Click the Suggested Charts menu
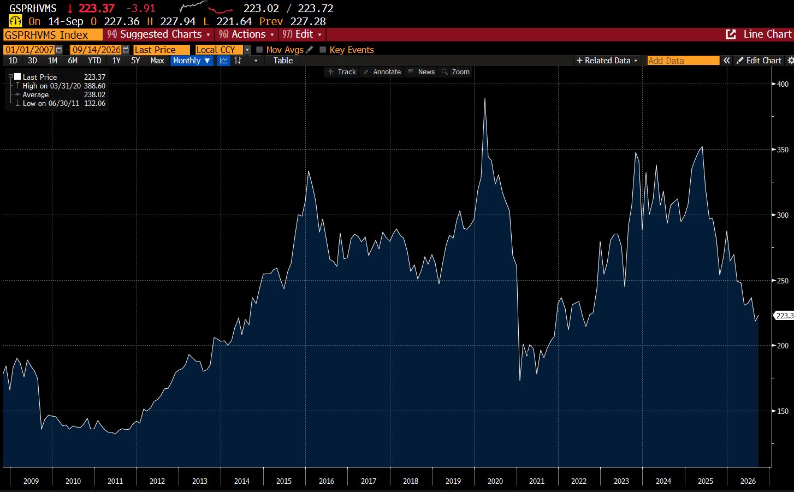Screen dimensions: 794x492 point(158,34)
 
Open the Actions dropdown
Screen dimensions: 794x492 point(246,34)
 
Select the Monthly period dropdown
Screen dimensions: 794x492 point(192,61)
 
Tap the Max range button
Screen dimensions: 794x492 point(157,61)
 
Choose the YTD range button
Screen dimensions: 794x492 point(94,61)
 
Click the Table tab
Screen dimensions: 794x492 point(283,61)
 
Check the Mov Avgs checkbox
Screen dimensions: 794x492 point(259,50)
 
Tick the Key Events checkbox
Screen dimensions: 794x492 point(323,50)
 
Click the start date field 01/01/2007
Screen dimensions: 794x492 point(29,50)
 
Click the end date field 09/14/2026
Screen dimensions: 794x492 point(97,50)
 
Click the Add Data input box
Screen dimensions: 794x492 point(683,61)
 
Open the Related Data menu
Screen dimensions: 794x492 point(607,61)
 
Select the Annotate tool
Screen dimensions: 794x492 point(382,72)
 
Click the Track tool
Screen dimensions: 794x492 point(342,72)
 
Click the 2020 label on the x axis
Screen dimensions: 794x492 point(495,481)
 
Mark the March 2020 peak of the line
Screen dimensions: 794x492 point(485,98)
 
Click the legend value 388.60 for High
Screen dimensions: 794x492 point(94,86)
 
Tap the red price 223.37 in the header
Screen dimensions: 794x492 point(97,8)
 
